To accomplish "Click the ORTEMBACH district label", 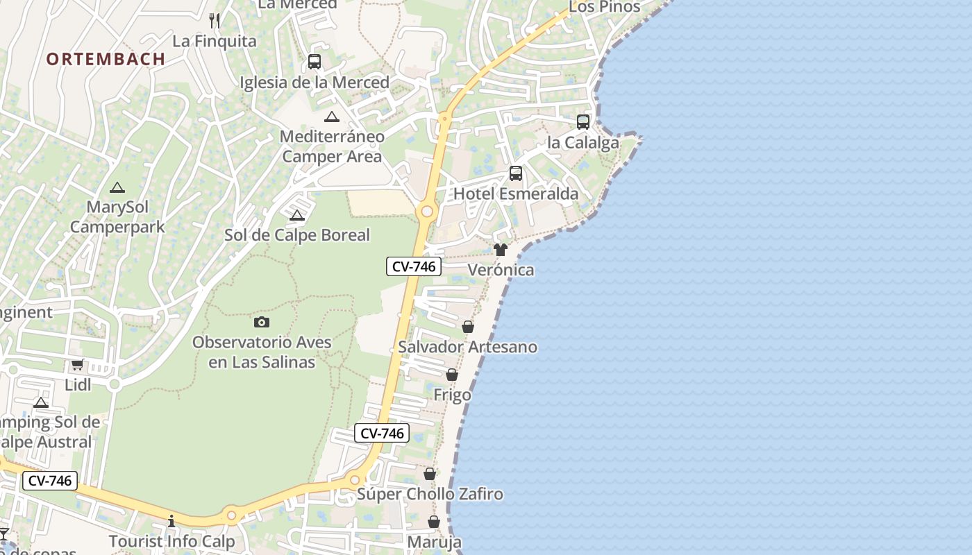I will (106, 59).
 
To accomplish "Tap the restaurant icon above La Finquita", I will (215, 21).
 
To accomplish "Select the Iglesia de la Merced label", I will (315, 83).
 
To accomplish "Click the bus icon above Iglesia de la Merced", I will (315, 62).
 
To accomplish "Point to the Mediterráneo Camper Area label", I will (332, 146).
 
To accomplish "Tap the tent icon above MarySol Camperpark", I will (117, 187).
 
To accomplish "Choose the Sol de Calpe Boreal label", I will (297, 235).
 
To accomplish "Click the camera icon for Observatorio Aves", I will (262, 322).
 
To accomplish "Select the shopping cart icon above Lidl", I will (78, 365).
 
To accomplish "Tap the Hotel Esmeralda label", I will (516, 194).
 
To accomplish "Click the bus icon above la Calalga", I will (583, 122).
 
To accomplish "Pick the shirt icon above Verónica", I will (501, 250).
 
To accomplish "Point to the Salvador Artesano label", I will (468, 347).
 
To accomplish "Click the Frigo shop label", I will (452, 395).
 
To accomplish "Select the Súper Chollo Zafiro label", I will (430, 495).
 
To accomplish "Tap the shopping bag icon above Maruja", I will (434, 522).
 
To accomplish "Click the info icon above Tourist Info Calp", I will (171, 521).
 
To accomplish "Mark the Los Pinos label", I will (605, 7).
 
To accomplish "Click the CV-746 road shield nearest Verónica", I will (414, 266).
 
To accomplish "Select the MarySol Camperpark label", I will (117, 217).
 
